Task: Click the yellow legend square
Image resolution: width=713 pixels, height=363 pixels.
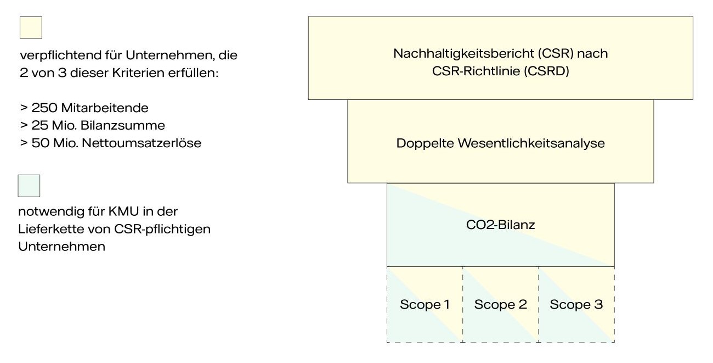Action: pyautogui.click(x=31, y=27)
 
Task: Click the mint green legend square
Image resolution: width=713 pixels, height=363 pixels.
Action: pyautogui.click(x=29, y=186)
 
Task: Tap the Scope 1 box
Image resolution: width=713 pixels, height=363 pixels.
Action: pyautogui.click(x=425, y=305)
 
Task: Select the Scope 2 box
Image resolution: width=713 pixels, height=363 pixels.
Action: pyautogui.click(x=500, y=305)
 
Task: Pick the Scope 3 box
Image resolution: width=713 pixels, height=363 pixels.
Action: pyautogui.click(x=576, y=305)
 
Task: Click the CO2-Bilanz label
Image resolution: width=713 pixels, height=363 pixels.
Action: pyautogui.click(x=500, y=225)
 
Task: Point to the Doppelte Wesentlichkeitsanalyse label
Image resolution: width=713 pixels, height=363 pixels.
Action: pyautogui.click(x=500, y=144)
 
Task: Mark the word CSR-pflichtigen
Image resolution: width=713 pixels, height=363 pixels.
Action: pyautogui.click(x=167, y=229)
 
